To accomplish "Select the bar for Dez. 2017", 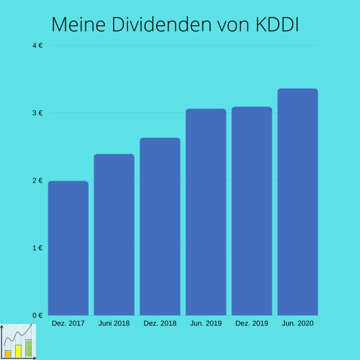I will (x=68, y=248).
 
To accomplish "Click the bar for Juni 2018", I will (x=114, y=234).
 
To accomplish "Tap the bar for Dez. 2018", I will (x=160, y=227).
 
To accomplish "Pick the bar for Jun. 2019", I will (x=206, y=212).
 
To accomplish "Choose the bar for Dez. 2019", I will (x=251, y=211).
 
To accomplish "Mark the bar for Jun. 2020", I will (x=298, y=202).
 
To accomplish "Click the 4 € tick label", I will (x=38, y=45).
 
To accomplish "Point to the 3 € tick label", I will (x=38, y=113).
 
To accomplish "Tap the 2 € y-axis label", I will (x=38, y=180).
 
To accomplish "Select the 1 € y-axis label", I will (x=38, y=248).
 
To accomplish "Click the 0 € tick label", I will (x=38, y=315).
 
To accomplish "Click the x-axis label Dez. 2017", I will (x=68, y=323).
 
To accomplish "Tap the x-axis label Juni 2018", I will (x=114, y=323).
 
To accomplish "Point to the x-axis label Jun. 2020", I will (x=298, y=323).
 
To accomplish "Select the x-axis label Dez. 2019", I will (x=251, y=323).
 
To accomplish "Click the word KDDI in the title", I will (x=277, y=25).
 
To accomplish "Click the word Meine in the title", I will (x=78, y=25).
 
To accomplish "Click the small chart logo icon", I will (x=18, y=342).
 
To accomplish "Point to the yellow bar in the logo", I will (x=18, y=351).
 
